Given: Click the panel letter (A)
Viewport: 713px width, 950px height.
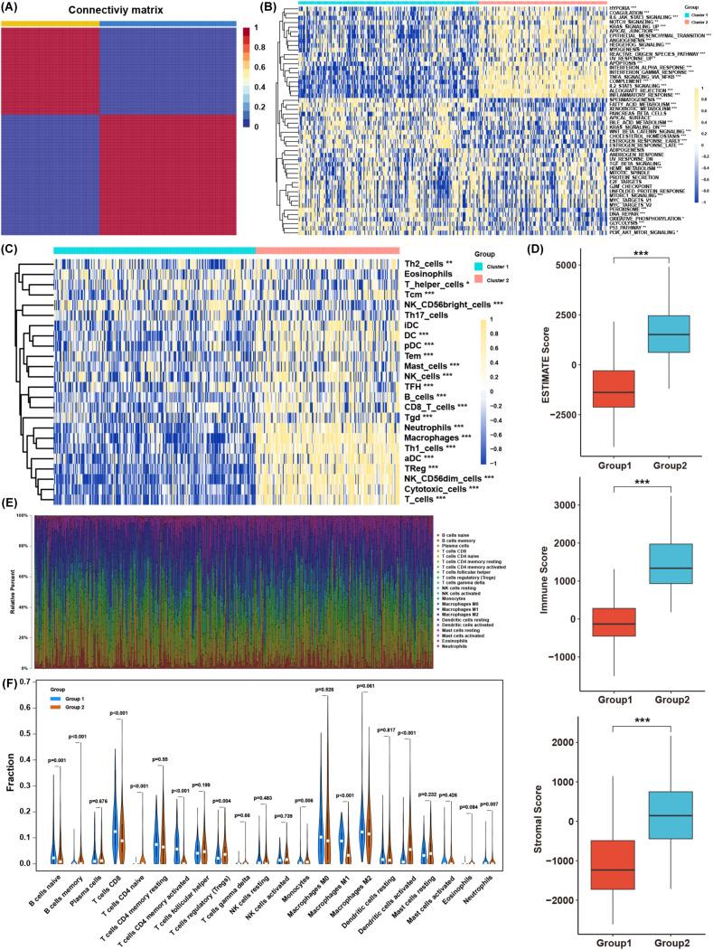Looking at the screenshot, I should pyautogui.click(x=14, y=10).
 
